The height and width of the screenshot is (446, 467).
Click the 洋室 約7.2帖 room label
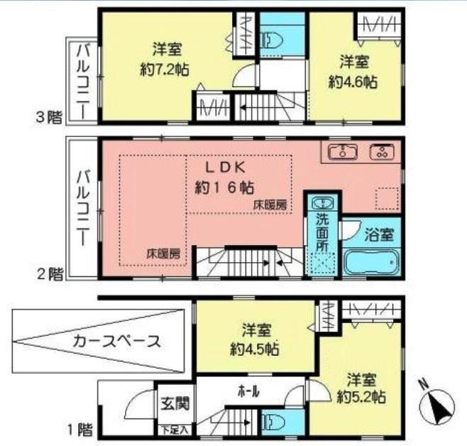tap(167, 60)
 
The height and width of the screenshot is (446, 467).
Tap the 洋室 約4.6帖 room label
tap(356, 71)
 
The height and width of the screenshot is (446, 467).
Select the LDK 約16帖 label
tap(225, 178)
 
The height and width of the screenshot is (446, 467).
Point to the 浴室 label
tap(374, 232)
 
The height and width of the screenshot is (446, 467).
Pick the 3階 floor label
tap(49, 118)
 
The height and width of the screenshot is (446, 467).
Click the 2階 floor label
tap(49, 274)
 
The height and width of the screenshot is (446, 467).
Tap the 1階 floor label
tap(80, 429)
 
